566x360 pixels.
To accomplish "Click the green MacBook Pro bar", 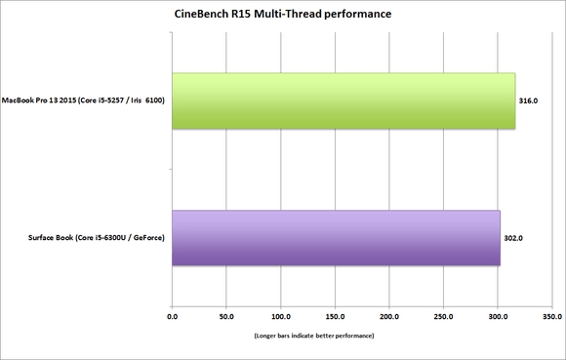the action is point(344,101).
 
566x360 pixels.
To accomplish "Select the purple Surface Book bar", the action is point(336,238).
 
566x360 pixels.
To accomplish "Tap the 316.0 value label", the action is point(528,101).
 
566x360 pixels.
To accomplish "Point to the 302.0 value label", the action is point(513,238).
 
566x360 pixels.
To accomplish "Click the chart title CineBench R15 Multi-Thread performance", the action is point(283,14).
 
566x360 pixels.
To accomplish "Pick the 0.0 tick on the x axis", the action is point(172,317).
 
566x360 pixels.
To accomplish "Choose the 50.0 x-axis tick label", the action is point(226,317).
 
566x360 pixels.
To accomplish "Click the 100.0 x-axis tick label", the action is point(281,317).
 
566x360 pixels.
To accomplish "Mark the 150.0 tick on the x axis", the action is point(335,317).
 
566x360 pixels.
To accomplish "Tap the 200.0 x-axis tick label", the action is point(389,317).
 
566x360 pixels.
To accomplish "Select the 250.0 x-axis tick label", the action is point(444,317).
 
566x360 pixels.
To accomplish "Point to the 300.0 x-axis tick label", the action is point(498,317).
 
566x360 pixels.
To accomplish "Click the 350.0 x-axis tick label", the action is point(552,317).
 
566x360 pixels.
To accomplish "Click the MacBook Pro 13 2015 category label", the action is point(83,100).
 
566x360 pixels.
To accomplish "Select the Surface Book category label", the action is point(97,238).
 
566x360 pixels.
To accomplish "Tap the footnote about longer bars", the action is point(314,336).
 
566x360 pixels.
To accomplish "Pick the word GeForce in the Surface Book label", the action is point(147,238).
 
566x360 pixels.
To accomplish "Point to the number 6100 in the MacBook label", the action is point(154,100).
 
